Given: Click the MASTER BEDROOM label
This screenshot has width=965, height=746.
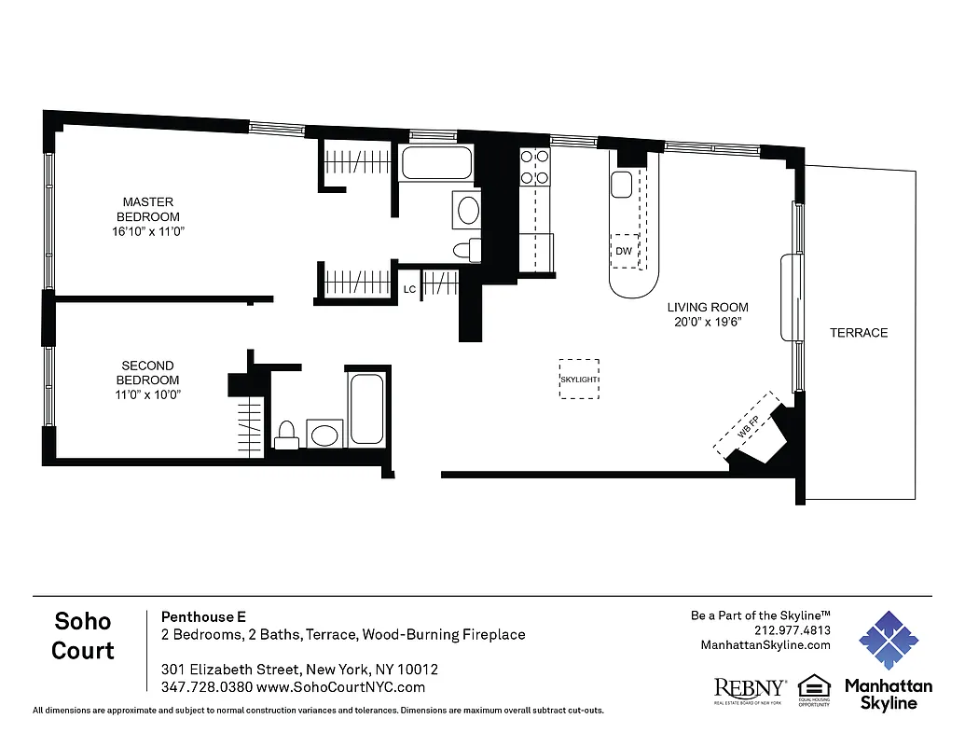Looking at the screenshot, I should point(148,216).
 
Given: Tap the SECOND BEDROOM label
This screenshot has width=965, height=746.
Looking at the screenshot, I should point(147,380).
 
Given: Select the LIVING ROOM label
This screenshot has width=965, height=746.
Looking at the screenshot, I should point(707,314).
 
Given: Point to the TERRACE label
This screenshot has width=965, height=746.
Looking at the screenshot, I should point(859,333).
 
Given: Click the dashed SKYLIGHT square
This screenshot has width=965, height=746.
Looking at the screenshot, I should point(579,380).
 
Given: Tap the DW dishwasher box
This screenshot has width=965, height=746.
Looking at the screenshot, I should point(624,251).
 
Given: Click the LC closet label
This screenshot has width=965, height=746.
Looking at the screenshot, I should point(408,289).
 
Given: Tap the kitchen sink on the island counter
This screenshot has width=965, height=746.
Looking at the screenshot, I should point(623,184).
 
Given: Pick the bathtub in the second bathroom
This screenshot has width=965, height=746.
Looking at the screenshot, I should point(365,408).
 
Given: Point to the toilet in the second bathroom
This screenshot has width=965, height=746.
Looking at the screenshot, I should point(287,435).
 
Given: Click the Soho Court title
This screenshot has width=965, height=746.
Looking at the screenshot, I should point(83,636).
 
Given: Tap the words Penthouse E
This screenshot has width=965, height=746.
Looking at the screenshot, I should point(203,616).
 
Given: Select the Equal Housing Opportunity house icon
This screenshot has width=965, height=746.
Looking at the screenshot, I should point(813,686).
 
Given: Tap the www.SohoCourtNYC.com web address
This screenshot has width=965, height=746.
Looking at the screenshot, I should point(340,687).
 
